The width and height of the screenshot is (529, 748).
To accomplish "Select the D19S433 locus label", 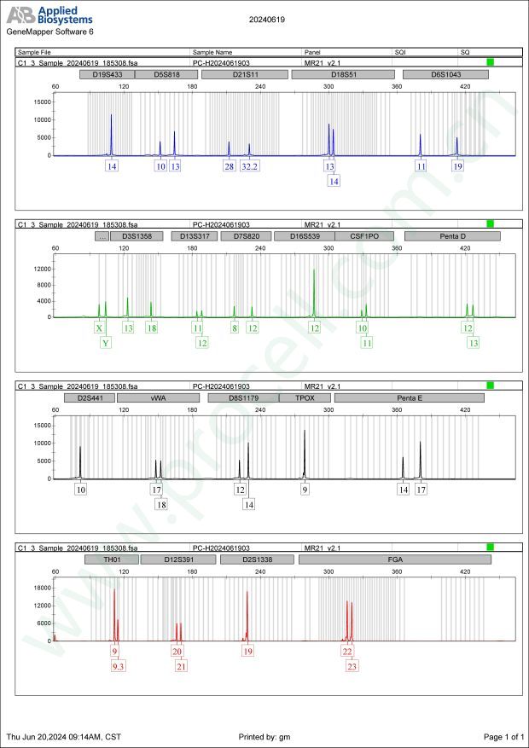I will (x=108, y=75).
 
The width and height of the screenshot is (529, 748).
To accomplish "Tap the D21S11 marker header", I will (x=246, y=75).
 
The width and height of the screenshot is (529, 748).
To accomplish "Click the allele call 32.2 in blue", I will (x=249, y=166).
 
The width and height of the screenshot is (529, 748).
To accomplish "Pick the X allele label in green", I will (x=99, y=328).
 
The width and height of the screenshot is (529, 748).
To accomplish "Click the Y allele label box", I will (x=106, y=343).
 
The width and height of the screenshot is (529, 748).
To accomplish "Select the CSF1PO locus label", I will (x=364, y=235).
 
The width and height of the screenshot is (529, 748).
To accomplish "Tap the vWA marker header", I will (x=158, y=397).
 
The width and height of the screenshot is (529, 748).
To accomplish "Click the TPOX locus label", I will (x=305, y=397).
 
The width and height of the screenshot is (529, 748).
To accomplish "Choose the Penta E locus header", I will (x=409, y=397).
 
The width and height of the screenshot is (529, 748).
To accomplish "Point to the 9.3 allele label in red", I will (x=118, y=666).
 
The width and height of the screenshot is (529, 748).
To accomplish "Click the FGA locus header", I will (x=395, y=560).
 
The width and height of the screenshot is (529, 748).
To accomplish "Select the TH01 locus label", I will (x=113, y=560).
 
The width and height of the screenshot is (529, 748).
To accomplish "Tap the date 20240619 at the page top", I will (x=266, y=18).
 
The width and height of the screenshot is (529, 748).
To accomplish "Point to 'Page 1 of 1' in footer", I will (x=503, y=736).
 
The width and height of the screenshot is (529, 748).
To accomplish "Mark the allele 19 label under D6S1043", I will (x=458, y=166).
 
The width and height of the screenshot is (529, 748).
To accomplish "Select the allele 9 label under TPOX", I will (x=305, y=490).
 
